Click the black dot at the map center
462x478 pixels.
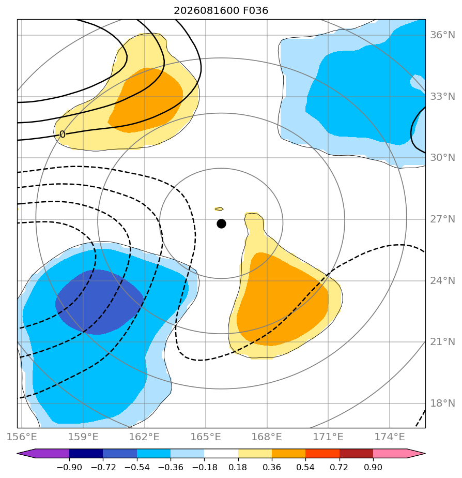tap(221, 224)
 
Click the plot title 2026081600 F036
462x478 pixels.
tap(221, 11)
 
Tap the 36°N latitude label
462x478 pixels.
tap(442, 35)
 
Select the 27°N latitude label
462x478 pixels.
tap(442, 219)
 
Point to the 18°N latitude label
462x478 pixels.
tap(442, 404)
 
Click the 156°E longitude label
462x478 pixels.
tap(22, 437)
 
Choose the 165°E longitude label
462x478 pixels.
tap(206, 437)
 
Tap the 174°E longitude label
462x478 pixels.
tap(390, 437)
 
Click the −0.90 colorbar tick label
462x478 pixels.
tap(69, 467)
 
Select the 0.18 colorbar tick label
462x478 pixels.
tap(238, 467)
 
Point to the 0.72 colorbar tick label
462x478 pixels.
tap(339, 467)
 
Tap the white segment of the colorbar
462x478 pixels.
tap(221, 453)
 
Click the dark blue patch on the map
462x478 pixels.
tap(99, 302)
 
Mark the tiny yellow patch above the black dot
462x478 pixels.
tap(219, 209)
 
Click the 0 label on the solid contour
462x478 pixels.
tap(63, 134)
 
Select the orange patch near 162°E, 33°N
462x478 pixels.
tap(146, 100)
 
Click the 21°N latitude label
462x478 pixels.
tap(442, 342)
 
